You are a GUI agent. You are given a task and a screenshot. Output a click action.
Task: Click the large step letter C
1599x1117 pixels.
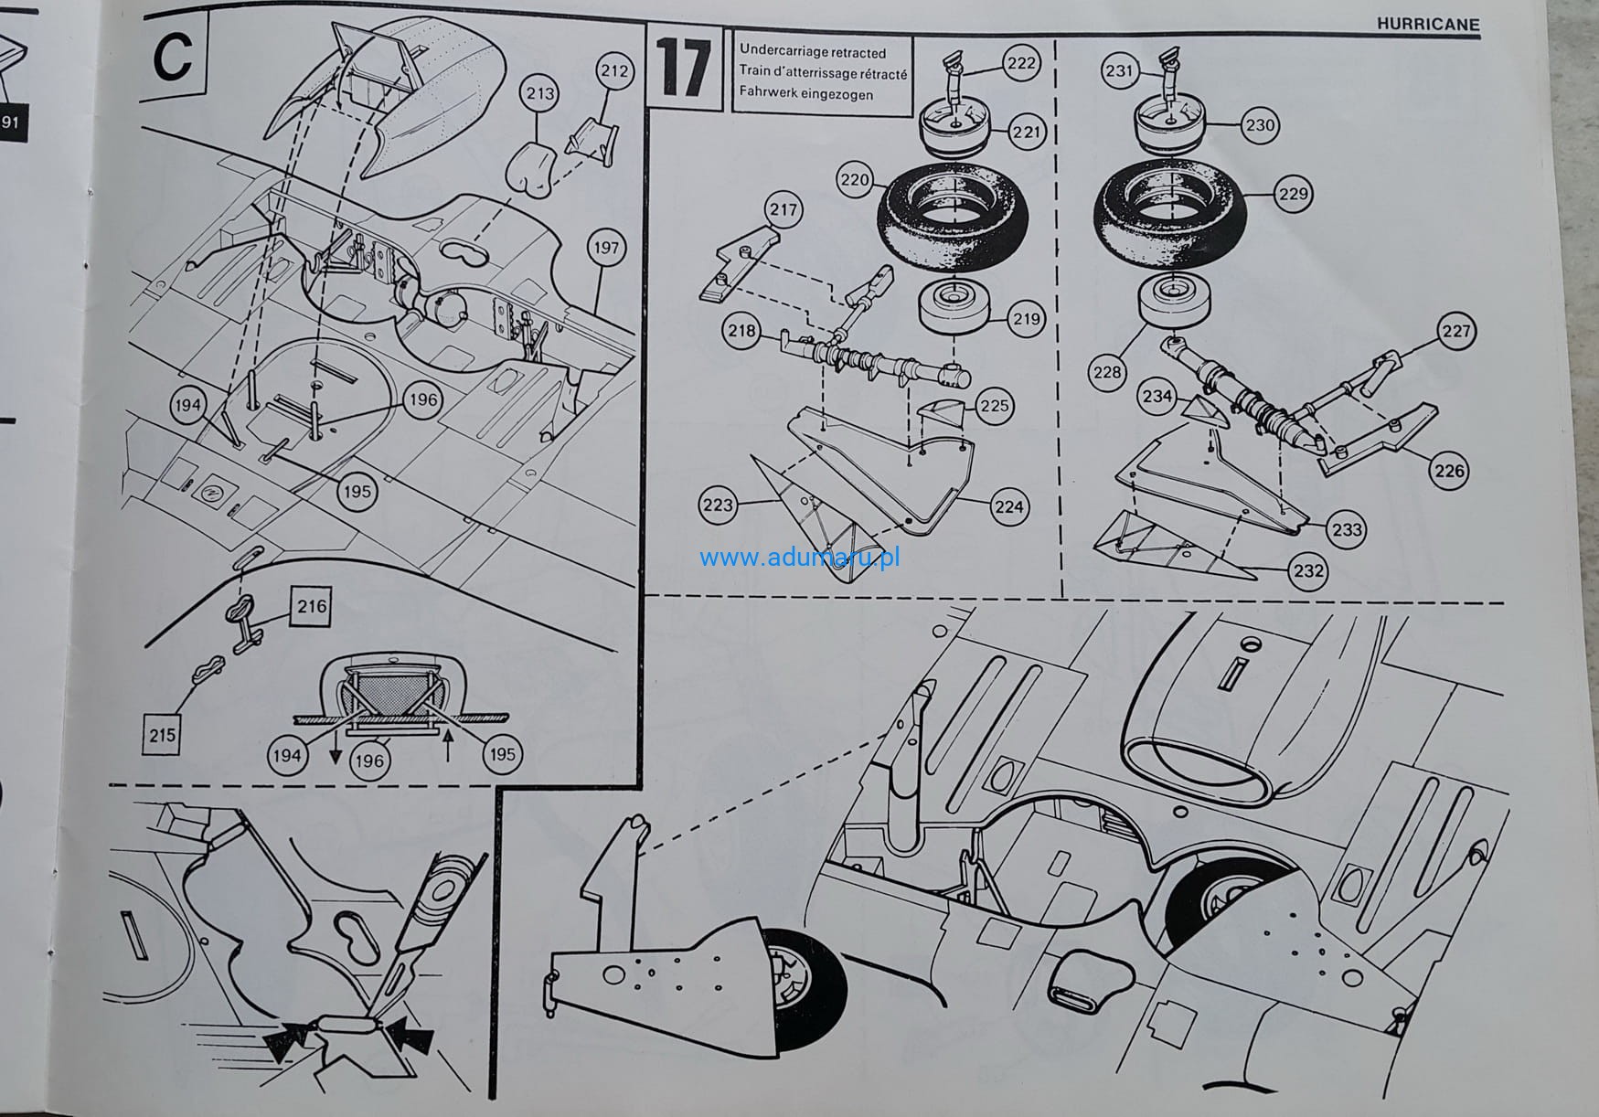click(174, 57)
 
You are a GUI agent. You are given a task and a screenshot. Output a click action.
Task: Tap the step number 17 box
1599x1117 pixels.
click(683, 69)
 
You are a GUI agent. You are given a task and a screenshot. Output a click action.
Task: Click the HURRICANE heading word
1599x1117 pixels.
click(1428, 24)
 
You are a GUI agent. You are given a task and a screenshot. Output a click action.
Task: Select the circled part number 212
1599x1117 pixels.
click(614, 71)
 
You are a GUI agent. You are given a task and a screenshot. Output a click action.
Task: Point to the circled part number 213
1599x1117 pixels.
click(540, 92)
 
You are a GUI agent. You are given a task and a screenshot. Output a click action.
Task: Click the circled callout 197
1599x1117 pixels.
click(605, 247)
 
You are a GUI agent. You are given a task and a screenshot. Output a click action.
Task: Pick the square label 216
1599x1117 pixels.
click(312, 606)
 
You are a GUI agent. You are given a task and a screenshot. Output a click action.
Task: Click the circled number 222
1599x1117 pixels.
click(1021, 62)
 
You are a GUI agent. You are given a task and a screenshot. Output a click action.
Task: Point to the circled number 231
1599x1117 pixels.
click(1120, 70)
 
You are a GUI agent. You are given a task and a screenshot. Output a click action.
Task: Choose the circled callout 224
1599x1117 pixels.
click(1008, 506)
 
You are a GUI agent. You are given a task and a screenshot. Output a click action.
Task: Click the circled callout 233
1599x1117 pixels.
click(1347, 529)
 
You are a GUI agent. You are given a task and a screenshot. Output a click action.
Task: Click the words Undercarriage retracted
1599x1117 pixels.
click(812, 52)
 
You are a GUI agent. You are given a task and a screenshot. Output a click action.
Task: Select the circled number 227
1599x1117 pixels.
click(1455, 331)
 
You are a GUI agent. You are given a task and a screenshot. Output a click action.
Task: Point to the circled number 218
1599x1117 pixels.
click(741, 330)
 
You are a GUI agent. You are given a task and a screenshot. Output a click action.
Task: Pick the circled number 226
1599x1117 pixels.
click(1449, 471)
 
